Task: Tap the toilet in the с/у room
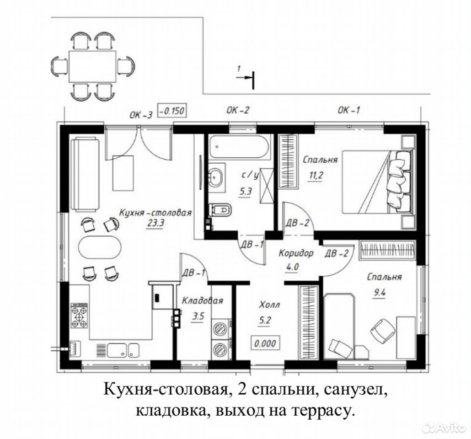221,209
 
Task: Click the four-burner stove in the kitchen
79,316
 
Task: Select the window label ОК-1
348,111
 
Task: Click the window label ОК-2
238,111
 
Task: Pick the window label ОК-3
141,115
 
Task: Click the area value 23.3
155,223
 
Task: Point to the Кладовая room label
203,300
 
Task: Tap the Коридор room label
296,253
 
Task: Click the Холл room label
269,305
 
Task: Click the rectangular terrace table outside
92,66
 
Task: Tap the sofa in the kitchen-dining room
85,174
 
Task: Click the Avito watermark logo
444,427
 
